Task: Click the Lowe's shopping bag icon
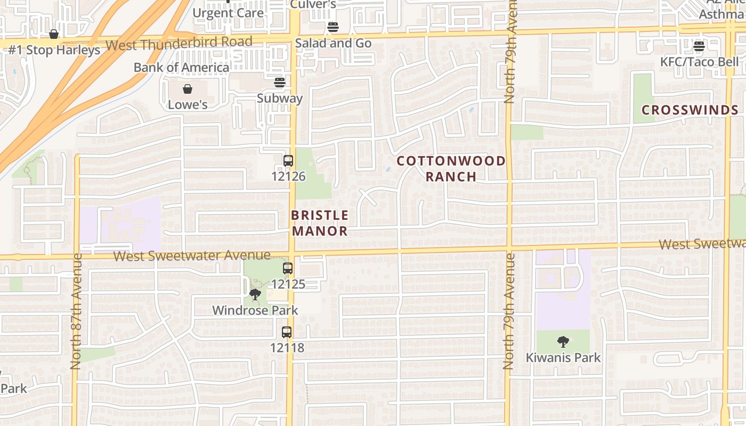[x=188, y=89]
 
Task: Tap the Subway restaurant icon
[x=280, y=83]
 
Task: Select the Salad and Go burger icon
[x=333, y=27]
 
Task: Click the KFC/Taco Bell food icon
[x=699, y=46]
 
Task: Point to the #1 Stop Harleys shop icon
[x=54, y=35]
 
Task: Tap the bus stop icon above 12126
[x=288, y=160]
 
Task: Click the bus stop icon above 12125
[x=288, y=268]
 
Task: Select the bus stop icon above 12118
[x=287, y=332]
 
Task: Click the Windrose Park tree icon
[x=255, y=294]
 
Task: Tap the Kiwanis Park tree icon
[x=563, y=342]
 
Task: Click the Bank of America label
[x=181, y=68]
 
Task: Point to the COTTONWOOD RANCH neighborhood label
[x=451, y=168]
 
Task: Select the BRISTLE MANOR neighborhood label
[x=320, y=223]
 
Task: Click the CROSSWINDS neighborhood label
[x=690, y=110]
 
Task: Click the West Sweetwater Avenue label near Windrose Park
[x=192, y=256]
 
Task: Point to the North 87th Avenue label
[x=76, y=312]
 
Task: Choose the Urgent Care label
[x=228, y=13]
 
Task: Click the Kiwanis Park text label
[x=563, y=358]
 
